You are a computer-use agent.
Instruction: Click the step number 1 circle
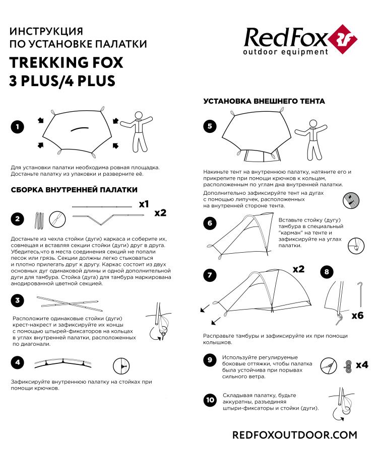[17, 127]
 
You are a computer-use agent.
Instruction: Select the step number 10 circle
[210, 400]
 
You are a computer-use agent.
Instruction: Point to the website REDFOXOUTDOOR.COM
[294, 435]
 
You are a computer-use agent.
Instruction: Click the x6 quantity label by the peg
[357, 316]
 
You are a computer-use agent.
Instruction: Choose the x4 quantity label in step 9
[361, 364]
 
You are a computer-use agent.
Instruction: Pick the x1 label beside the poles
[144, 204]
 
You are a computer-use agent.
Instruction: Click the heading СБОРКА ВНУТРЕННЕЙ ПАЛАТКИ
[74, 190]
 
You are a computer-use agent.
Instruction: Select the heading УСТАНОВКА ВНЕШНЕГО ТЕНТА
[264, 101]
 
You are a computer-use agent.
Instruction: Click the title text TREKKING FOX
[66, 62]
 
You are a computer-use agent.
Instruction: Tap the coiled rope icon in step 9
[347, 365]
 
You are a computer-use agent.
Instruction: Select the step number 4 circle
[17, 362]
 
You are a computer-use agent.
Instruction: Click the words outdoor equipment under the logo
[285, 52]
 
